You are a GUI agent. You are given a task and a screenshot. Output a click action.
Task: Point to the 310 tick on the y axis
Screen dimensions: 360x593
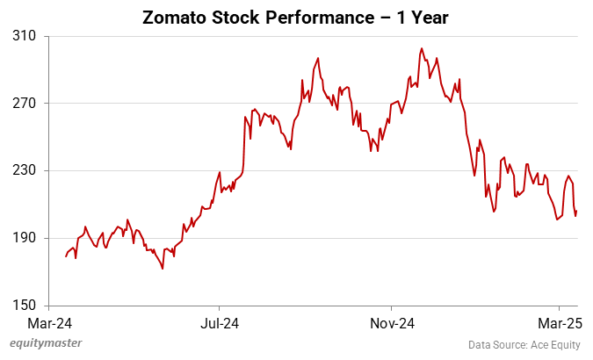click(x=25, y=36)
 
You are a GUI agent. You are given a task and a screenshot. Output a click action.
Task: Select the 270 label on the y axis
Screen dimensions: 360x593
click(x=25, y=104)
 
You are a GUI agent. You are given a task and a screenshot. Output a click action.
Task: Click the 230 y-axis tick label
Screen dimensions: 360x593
click(x=25, y=170)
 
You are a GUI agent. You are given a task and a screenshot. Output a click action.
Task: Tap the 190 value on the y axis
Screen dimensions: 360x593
click(x=25, y=238)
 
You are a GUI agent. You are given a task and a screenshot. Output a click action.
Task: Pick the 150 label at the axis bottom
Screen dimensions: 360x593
click(x=25, y=306)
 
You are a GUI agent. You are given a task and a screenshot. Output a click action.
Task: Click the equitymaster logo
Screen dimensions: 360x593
click(x=45, y=343)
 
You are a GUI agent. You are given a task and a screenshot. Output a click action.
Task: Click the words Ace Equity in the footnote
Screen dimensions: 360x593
click(x=557, y=344)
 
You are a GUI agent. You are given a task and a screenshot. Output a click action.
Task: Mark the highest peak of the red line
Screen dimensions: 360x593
click(x=422, y=48)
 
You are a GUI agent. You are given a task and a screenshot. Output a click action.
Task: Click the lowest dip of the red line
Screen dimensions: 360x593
click(x=163, y=269)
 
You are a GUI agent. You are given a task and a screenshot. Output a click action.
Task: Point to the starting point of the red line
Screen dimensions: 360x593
click(x=66, y=256)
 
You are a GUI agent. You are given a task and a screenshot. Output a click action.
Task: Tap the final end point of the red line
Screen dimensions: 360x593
click(x=577, y=211)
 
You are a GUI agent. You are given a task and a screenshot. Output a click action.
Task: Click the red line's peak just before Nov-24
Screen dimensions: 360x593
click(x=317, y=58)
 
